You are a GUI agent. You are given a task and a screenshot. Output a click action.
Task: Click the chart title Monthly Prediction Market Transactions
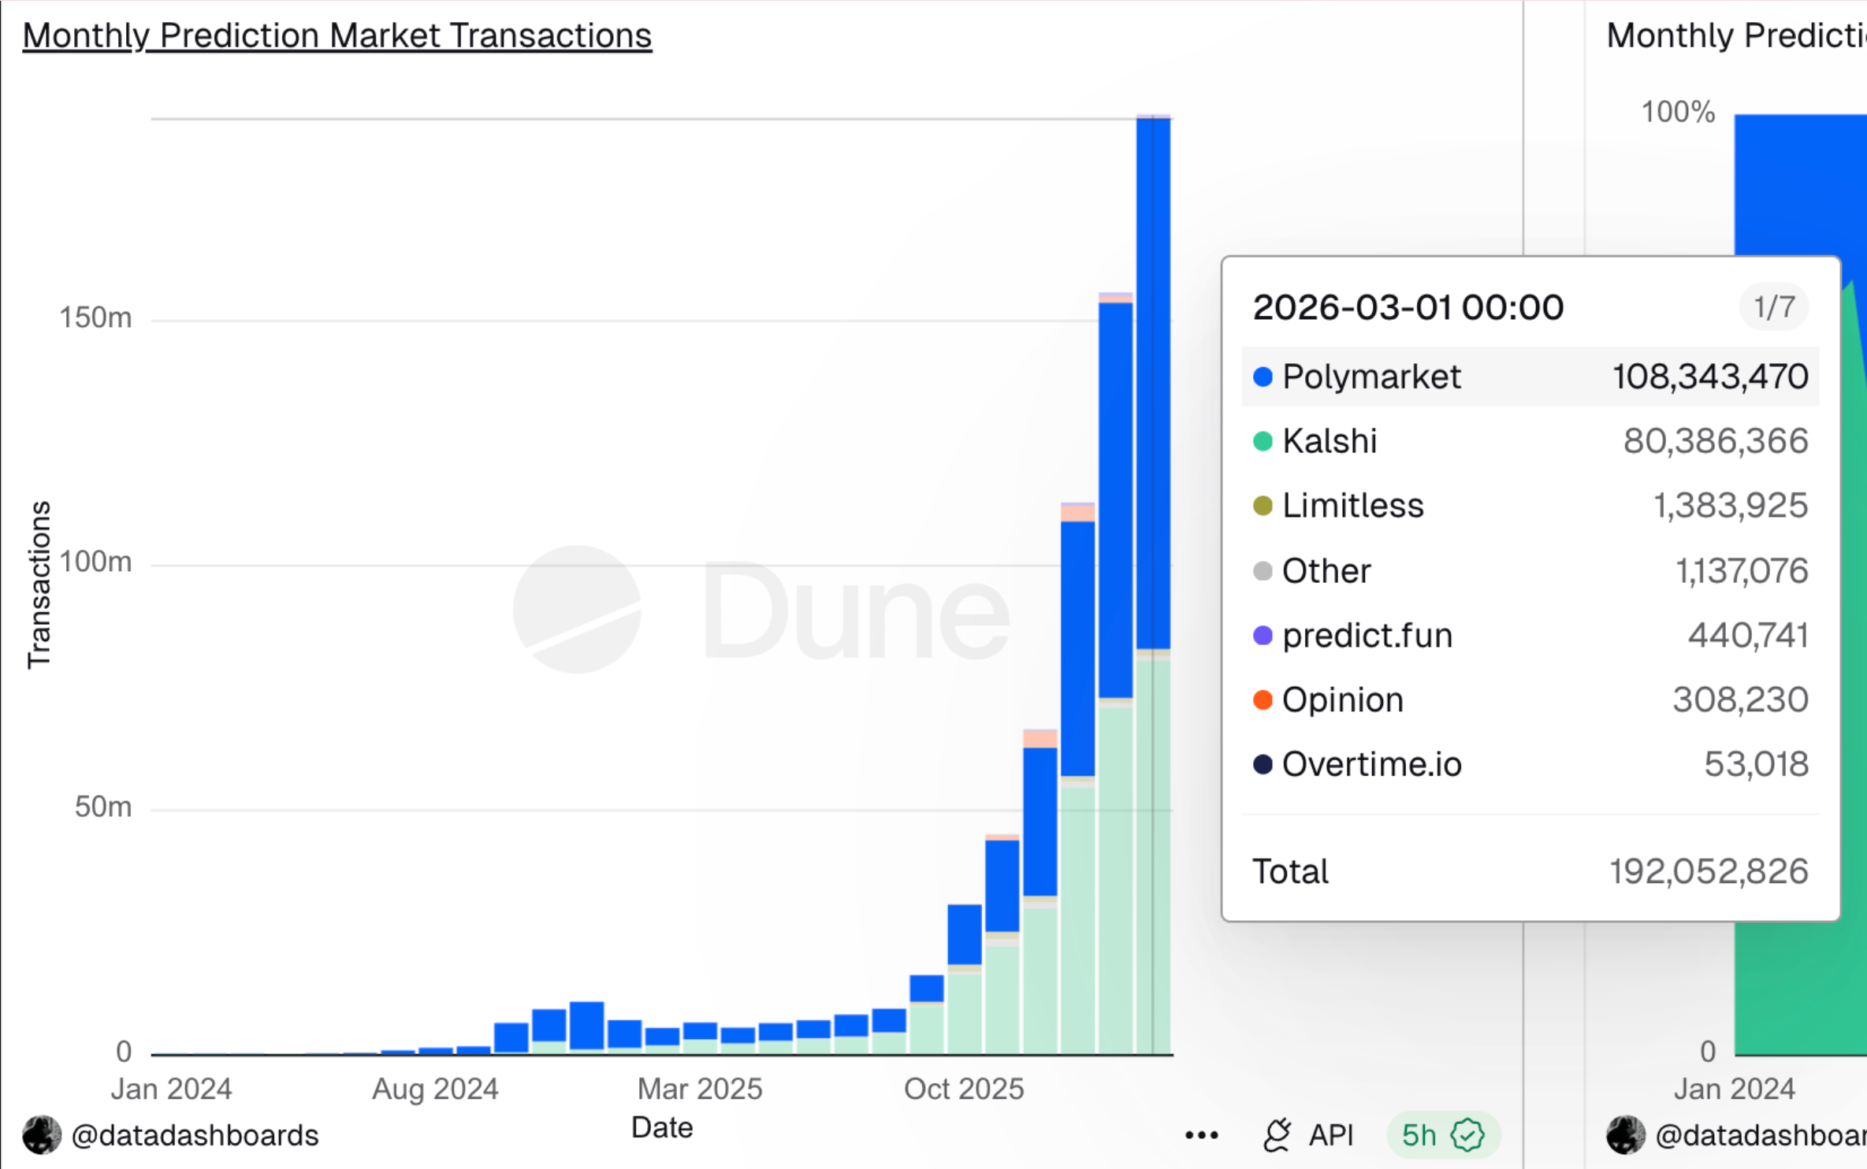(337, 36)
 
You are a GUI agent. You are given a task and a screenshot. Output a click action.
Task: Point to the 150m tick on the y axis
(95, 317)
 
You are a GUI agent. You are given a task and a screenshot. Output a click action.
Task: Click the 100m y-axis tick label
(95, 562)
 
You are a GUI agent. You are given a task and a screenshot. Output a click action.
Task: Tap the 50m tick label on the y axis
(102, 807)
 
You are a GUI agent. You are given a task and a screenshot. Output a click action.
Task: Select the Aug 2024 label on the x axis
(435, 1089)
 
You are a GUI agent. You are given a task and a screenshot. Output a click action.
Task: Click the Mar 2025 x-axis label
(700, 1089)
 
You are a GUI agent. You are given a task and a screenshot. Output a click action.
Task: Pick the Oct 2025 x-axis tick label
(964, 1089)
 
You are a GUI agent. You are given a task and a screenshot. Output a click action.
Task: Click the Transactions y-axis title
(39, 584)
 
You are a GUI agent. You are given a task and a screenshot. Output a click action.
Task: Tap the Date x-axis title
(662, 1127)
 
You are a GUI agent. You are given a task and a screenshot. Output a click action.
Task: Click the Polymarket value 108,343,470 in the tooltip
(1709, 377)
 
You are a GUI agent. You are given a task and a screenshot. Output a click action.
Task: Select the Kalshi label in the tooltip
(1330, 441)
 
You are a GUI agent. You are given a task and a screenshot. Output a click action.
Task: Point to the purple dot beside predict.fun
(1263, 635)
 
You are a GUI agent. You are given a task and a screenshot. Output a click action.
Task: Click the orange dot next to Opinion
(1263, 700)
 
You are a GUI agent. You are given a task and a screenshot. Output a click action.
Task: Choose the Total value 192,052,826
(1708, 871)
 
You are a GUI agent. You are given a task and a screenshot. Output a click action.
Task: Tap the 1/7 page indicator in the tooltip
(1774, 306)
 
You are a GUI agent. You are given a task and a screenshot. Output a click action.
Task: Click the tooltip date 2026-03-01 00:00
(1408, 307)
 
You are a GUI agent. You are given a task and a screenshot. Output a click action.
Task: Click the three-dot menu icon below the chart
(1201, 1135)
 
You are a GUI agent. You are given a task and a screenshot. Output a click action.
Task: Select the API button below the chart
(1308, 1135)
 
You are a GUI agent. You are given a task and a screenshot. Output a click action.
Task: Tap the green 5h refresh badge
(1442, 1135)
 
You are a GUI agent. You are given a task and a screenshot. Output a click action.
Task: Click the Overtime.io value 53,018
(1756, 764)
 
